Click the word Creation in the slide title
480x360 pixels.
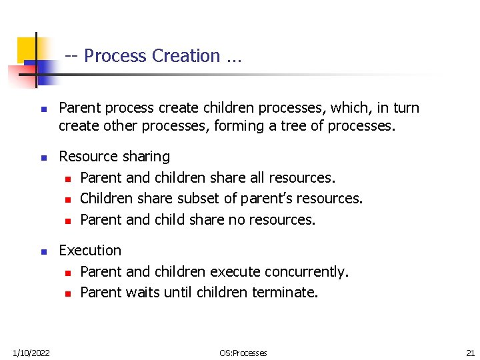coord(186,56)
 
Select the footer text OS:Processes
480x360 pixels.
coord(243,353)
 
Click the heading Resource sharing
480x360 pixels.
coord(114,157)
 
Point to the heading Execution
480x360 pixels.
coord(90,251)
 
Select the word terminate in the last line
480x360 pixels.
coord(285,292)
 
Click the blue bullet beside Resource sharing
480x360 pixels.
coord(43,158)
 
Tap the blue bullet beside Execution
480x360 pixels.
coord(43,252)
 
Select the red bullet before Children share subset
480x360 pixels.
coord(67,199)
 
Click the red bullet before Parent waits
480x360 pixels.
coord(67,293)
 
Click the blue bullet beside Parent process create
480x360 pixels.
coord(43,109)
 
